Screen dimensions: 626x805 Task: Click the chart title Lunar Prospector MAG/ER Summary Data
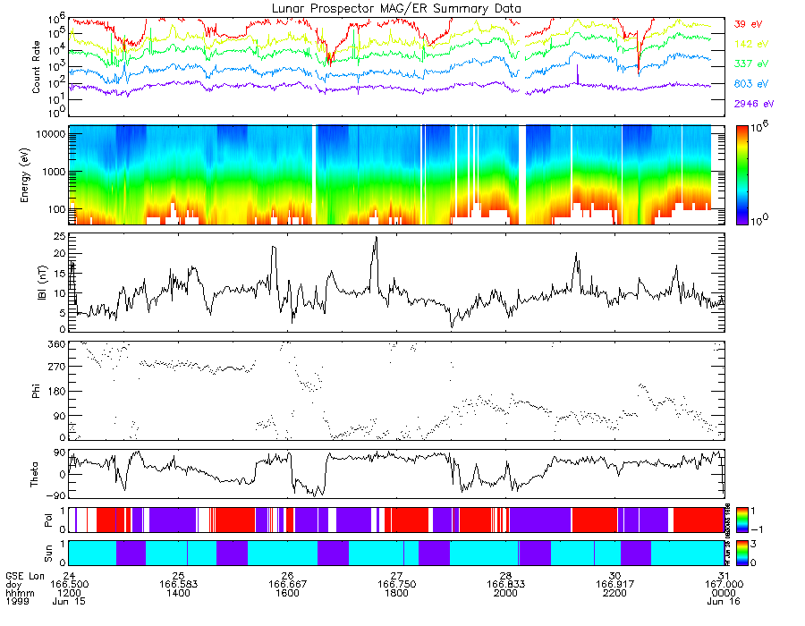pyautogui.click(x=397, y=8)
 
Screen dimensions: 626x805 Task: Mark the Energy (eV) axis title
pyautogui.click(x=37, y=175)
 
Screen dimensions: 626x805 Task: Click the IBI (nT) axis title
pyautogui.click(x=37, y=283)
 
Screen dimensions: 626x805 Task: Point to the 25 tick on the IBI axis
pyautogui.click(x=58, y=237)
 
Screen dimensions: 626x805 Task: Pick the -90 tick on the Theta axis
pyautogui.click(x=55, y=495)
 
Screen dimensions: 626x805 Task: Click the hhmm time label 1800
pyautogui.click(x=396, y=592)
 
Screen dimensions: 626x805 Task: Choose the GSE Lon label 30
pyautogui.click(x=614, y=574)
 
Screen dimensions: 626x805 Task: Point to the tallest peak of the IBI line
pyautogui.click(x=377, y=238)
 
